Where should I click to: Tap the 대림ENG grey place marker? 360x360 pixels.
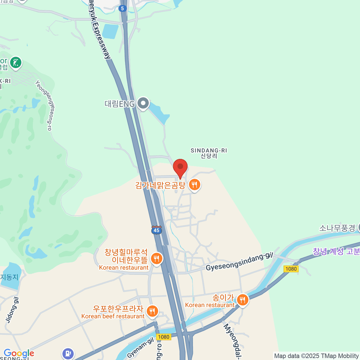(x=143, y=103)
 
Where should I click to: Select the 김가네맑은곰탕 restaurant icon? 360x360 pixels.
(x=195, y=185)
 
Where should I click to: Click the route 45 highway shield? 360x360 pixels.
(x=156, y=230)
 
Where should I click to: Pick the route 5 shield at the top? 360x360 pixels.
(x=122, y=8)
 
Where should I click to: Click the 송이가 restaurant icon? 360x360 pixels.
(x=242, y=300)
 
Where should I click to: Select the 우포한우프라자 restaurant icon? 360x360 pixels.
(x=152, y=311)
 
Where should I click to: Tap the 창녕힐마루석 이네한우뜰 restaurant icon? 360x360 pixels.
(x=156, y=258)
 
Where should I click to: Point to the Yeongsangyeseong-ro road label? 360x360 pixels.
(x=44, y=105)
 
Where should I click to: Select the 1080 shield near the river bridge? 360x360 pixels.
(x=291, y=269)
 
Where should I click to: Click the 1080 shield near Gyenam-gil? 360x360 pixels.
(x=163, y=337)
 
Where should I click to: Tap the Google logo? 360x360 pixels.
(x=19, y=353)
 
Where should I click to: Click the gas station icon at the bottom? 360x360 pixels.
(x=68, y=353)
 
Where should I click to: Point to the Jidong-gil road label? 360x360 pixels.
(x=12, y=310)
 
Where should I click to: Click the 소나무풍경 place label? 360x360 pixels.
(x=337, y=228)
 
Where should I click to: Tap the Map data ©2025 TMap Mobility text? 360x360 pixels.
(x=316, y=356)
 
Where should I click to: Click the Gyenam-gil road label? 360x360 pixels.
(x=140, y=347)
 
